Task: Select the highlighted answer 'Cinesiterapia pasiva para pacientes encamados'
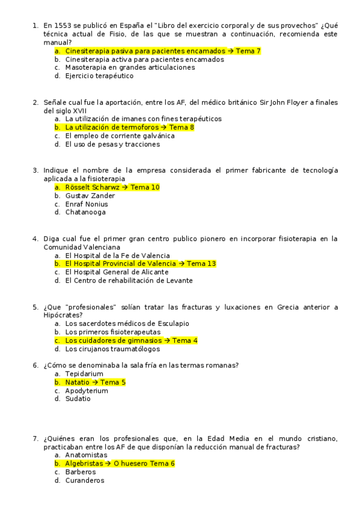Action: pyautogui.click(x=145, y=51)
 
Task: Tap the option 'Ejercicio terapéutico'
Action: pyautogui.click(x=99, y=76)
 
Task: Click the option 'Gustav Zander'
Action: pyautogui.click(x=90, y=196)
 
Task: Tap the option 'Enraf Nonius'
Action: pyautogui.click(x=87, y=204)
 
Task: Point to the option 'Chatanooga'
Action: pyautogui.click(x=85, y=212)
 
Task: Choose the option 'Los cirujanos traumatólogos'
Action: pyautogui.click(x=112, y=349)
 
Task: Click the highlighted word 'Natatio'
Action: pyautogui.click(x=77, y=382)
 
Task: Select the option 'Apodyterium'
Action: pyautogui.click(x=87, y=391)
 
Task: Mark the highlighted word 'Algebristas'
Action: pyautogui.click(x=84, y=464)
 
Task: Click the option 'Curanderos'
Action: pyautogui.click(x=85, y=481)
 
